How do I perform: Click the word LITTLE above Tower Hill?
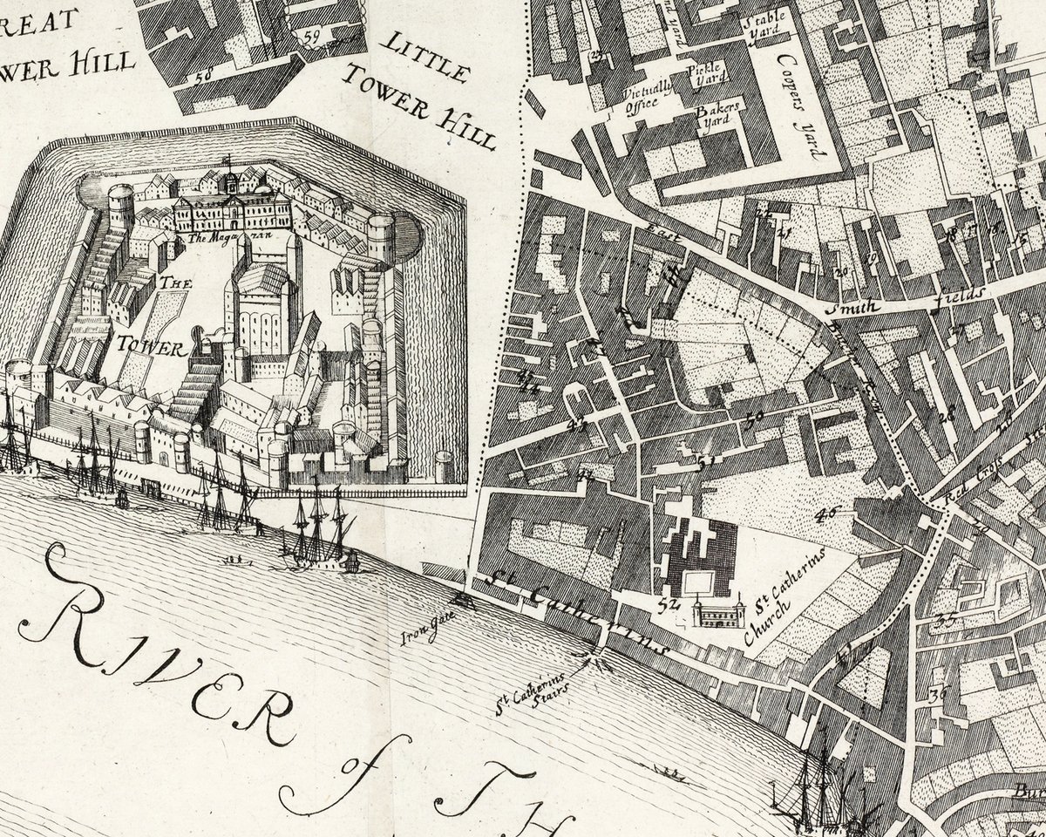pyautogui.click(x=427, y=54)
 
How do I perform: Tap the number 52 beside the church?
pyautogui.click(x=669, y=602)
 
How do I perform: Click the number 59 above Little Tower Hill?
pyautogui.click(x=312, y=37)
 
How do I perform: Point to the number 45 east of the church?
pyautogui.click(x=824, y=514)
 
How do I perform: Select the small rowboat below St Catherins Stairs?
pyautogui.click(x=669, y=771)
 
